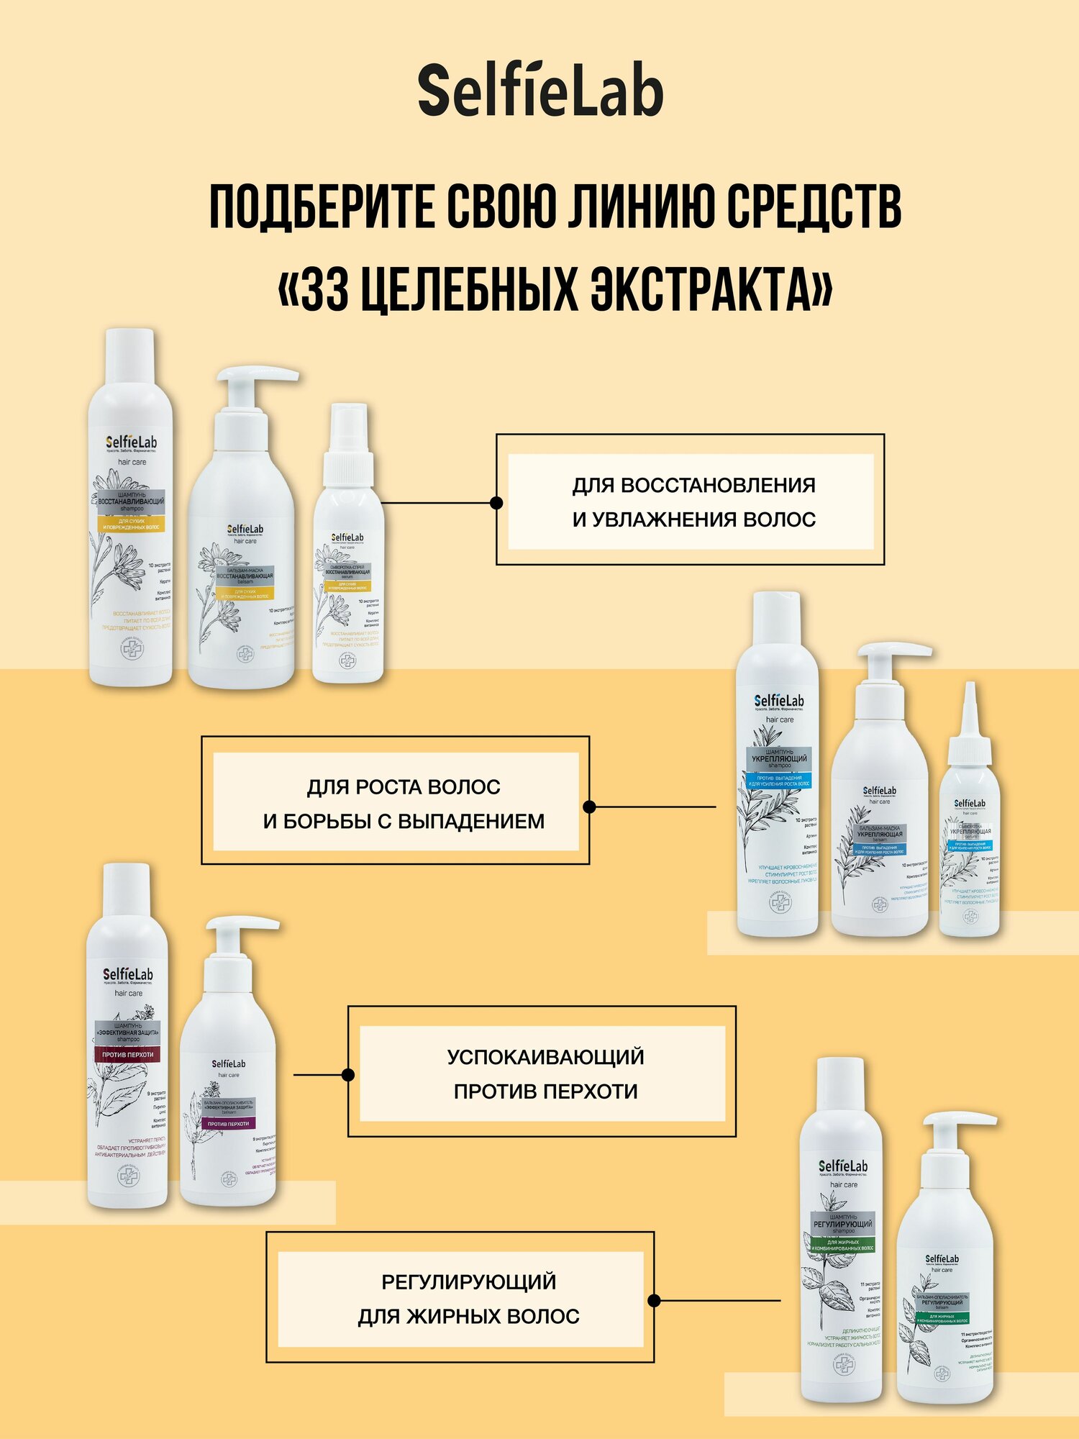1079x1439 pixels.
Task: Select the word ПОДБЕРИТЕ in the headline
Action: pos(322,206)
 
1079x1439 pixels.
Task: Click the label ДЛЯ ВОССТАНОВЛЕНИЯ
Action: pos(693,486)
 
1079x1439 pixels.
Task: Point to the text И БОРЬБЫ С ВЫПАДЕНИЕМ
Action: pos(404,821)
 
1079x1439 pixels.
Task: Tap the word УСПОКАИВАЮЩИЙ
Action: pos(545,1057)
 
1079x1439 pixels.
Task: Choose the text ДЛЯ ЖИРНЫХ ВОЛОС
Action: pos(468,1316)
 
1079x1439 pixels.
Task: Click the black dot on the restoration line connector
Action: pos(496,502)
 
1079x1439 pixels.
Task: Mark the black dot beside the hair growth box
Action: pos(589,807)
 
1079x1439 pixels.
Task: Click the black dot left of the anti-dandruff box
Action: pos(348,1075)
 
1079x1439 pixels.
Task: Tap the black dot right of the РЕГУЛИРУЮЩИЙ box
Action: pos(654,1300)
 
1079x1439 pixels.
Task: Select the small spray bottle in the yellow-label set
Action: pos(347,561)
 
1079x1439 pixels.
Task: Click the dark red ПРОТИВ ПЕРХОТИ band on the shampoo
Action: pos(127,1055)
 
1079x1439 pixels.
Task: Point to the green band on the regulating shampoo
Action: pos(842,1245)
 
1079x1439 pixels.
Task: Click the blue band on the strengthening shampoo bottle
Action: pos(779,781)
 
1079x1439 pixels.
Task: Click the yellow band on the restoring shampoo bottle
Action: pos(132,524)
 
